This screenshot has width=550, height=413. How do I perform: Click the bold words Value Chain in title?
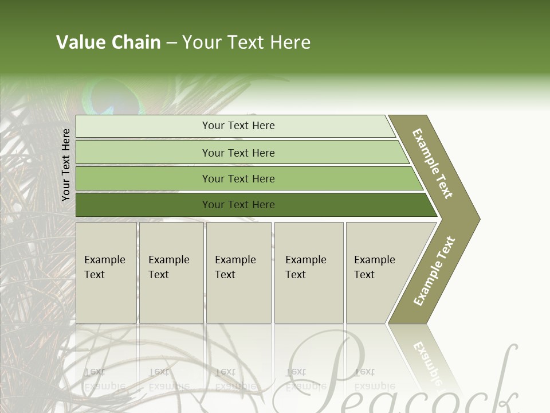coord(108,42)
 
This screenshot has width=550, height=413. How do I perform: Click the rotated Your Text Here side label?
coord(66,165)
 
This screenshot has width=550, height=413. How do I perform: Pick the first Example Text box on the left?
coord(106,272)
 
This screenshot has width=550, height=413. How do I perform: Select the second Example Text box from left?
coord(171,272)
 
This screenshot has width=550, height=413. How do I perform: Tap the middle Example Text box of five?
coord(238,272)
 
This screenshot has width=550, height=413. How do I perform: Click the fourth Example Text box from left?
coord(309,272)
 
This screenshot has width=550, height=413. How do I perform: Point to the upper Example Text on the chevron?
coord(433,163)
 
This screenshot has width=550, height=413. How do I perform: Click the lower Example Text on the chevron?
coord(434,271)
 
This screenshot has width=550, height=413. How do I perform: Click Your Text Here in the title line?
coord(246,42)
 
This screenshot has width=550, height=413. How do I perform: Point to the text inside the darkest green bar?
coord(238,205)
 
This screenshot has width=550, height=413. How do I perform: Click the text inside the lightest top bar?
coord(238,126)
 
